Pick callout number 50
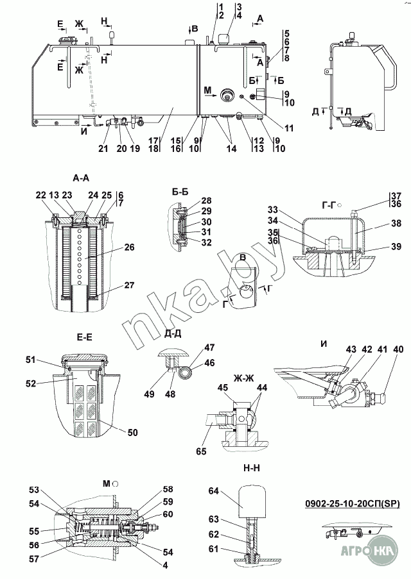click(x=132, y=433)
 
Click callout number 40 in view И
click(x=398, y=349)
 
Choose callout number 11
click(x=289, y=128)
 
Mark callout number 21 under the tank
click(x=103, y=149)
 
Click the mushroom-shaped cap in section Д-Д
click(x=173, y=353)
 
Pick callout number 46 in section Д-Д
click(x=209, y=363)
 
